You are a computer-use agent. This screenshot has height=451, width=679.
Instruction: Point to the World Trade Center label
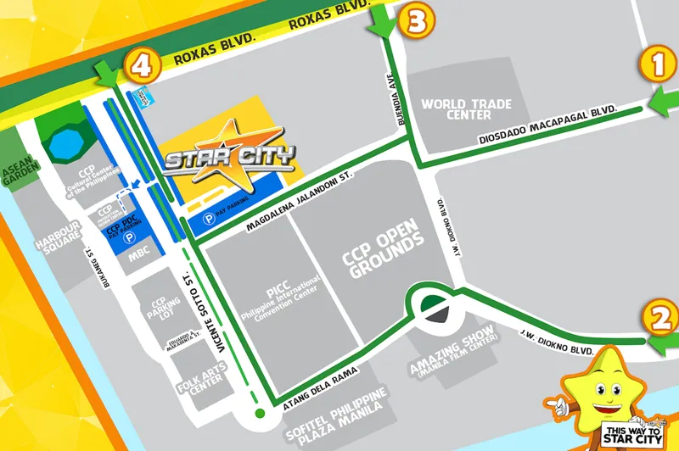pyautogui.click(x=467, y=109)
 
